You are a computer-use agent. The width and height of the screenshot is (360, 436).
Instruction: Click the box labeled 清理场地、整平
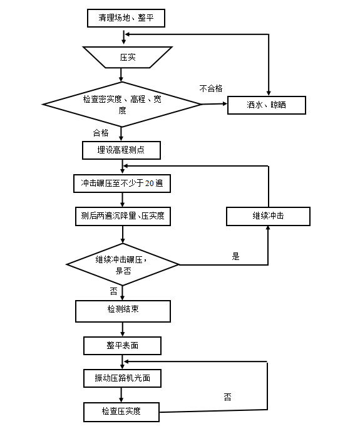pos(126,18)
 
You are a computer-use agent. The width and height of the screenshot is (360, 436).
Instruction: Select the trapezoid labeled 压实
pos(127,58)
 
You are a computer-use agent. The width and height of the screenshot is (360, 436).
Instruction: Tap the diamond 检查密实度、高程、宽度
pos(122,105)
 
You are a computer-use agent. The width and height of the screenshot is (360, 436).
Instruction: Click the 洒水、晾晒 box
pos(266,105)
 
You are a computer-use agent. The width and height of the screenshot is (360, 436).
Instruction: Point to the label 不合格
pos(211,88)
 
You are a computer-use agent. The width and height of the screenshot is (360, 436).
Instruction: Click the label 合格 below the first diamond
pos(101,133)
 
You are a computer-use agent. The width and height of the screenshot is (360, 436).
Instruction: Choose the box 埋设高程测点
pos(121,150)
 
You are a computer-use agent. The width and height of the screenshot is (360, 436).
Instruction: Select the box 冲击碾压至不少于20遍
pos(121,184)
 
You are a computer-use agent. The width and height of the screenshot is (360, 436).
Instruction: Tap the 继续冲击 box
pos(268,216)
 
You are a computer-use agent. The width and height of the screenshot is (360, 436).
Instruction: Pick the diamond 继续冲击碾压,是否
pos(122,265)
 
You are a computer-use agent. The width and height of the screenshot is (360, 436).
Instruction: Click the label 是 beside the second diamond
pos(236,256)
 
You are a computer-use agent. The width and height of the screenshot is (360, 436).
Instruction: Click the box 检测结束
pos(123,311)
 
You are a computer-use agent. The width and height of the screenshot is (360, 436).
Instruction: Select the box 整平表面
pos(122,346)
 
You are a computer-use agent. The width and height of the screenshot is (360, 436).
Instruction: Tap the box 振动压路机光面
pos(123,378)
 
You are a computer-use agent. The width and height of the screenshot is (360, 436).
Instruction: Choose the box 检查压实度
pos(121,412)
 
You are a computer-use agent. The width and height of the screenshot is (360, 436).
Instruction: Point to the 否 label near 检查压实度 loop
pos(227,397)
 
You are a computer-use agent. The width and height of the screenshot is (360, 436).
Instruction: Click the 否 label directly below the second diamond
pos(113,291)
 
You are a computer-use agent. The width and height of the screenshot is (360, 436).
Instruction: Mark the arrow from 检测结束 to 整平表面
pos(122,330)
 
